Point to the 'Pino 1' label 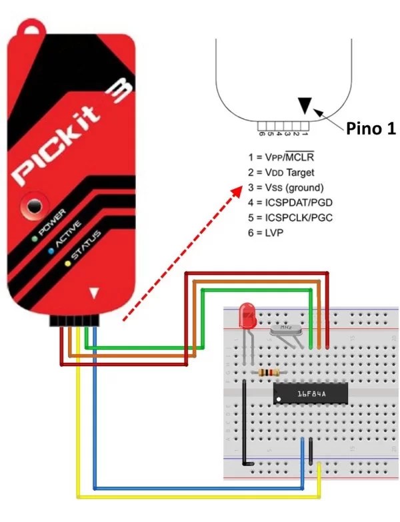371,129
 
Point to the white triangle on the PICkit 95,292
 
